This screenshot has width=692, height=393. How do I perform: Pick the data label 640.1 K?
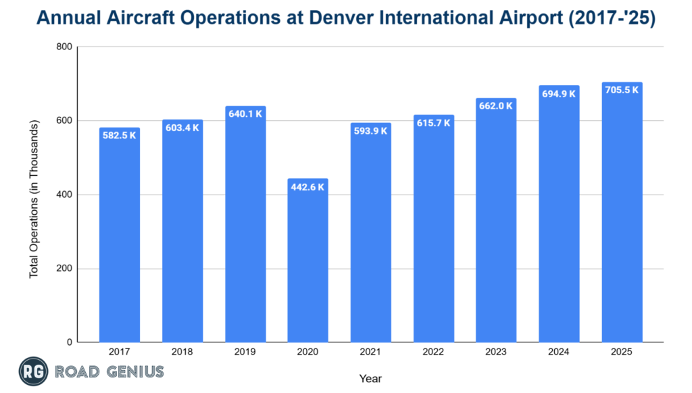pyautogui.click(x=245, y=114)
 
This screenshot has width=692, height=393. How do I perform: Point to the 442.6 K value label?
pyautogui.click(x=307, y=187)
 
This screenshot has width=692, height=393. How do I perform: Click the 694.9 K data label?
pyautogui.click(x=559, y=94)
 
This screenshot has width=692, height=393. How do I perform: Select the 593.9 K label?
pyautogui.click(x=370, y=131)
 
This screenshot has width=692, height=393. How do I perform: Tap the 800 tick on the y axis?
pyautogui.click(x=64, y=47)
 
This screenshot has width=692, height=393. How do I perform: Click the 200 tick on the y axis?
pyautogui.click(x=64, y=269)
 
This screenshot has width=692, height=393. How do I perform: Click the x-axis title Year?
pyautogui.click(x=370, y=378)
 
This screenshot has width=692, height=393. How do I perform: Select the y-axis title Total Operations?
pyautogui.click(x=34, y=199)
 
